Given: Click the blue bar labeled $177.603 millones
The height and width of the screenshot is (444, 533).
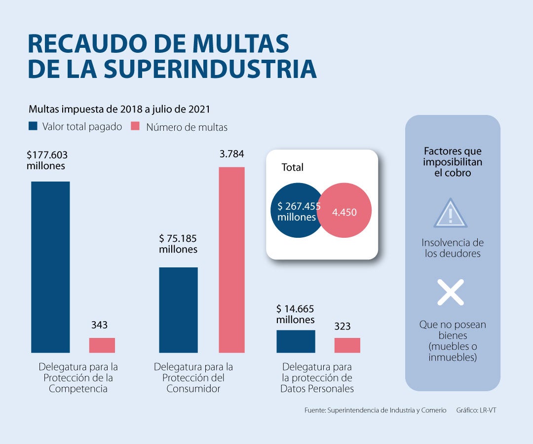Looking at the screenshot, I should [x=50, y=267].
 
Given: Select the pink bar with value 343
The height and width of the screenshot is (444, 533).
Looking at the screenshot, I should [x=102, y=345].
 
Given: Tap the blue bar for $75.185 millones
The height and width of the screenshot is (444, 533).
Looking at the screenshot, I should [x=178, y=310].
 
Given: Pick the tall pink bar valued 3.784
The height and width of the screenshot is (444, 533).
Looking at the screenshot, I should [x=231, y=259].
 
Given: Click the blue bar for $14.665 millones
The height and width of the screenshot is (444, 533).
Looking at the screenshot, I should [x=296, y=341].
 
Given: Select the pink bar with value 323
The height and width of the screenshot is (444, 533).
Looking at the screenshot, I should [x=347, y=345].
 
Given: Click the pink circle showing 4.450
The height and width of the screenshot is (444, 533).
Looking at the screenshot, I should [x=345, y=212].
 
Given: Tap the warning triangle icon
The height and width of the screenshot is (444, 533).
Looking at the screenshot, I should [x=450, y=214].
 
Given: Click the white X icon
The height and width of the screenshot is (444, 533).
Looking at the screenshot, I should [x=451, y=292].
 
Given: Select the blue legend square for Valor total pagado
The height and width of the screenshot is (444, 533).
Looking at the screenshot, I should [x=33, y=126].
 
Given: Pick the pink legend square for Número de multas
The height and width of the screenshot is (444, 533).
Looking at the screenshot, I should [x=135, y=126].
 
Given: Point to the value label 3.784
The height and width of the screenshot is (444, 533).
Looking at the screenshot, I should [x=231, y=154].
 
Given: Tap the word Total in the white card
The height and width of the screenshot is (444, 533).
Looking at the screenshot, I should [x=292, y=167].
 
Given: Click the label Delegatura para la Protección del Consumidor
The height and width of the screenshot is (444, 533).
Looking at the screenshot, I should [x=193, y=378].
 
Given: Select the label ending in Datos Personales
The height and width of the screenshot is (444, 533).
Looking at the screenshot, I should [x=317, y=378].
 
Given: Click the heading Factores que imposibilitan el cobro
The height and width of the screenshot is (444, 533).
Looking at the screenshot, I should [x=453, y=162].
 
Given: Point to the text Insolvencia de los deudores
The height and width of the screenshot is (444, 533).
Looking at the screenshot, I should [x=453, y=248].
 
